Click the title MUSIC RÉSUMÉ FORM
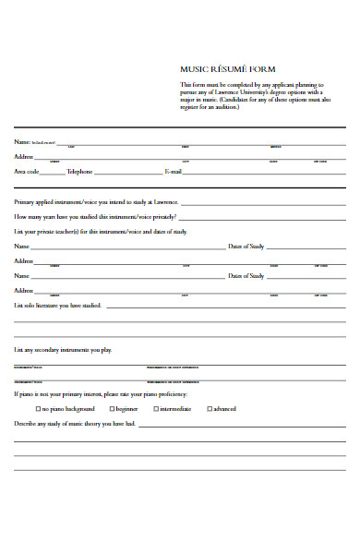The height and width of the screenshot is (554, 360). pyautogui.click(x=227, y=69)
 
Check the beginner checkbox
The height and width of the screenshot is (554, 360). pyautogui.click(x=112, y=408)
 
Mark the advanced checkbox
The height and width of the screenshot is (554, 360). pyautogui.click(x=210, y=408)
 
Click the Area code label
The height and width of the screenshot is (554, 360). pyautogui.click(x=26, y=172)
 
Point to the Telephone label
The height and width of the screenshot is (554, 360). pyautogui.click(x=79, y=172)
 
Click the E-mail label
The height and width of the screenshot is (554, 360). pyautogui.click(x=173, y=172)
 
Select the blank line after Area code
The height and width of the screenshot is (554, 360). pyautogui.click(x=53, y=173)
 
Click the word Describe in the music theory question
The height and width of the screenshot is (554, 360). pyautogui.click(x=26, y=423)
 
